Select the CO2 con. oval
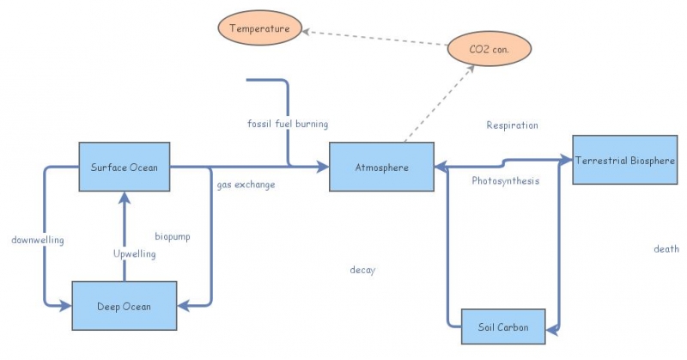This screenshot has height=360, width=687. (489, 49)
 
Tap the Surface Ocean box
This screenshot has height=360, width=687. (125, 167)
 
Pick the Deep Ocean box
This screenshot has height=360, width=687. (125, 306)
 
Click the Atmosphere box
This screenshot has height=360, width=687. (381, 167)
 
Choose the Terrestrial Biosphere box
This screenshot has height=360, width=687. (630, 160)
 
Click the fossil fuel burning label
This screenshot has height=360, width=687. (287, 125)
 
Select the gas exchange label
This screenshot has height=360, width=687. (246, 185)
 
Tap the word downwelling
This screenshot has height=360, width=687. (38, 239)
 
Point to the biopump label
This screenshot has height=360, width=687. (173, 235)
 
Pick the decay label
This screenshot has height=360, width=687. (362, 270)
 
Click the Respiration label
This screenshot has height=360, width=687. (512, 125)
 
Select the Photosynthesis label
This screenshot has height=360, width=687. (506, 181)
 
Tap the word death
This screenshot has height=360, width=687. (666, 249)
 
